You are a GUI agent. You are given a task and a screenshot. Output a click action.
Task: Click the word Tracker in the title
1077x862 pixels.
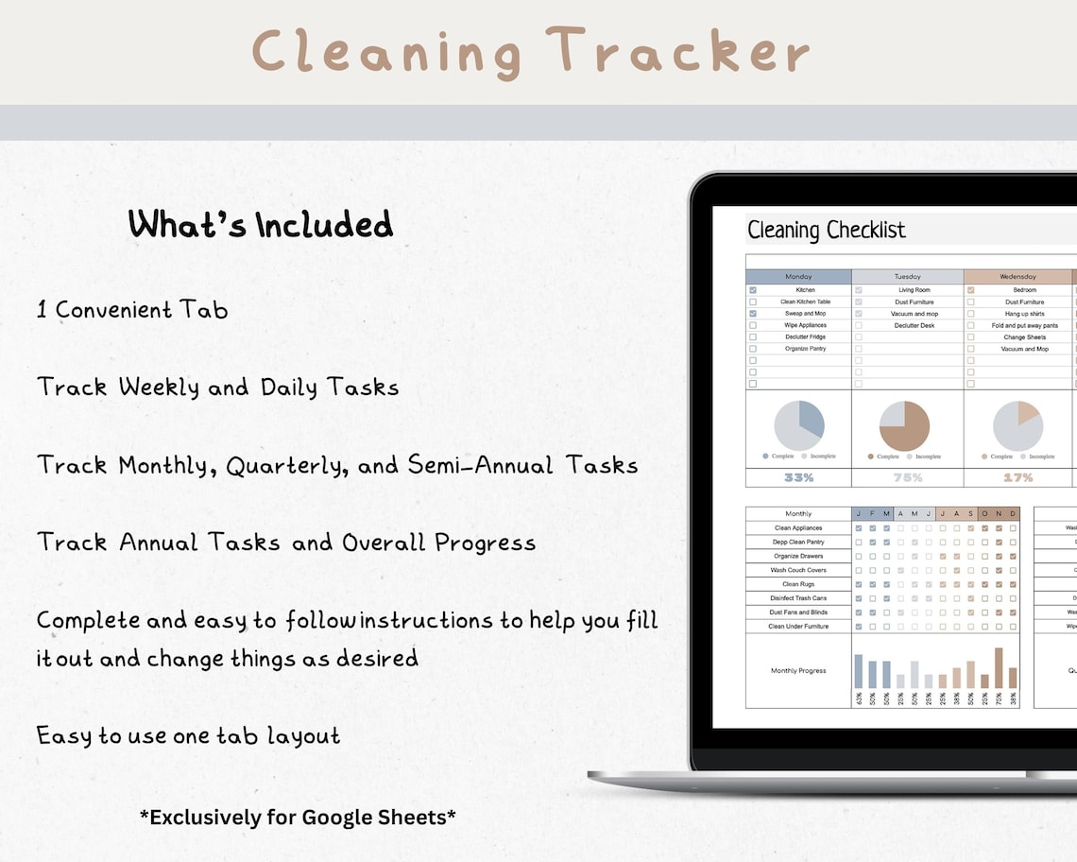tap(677, 50)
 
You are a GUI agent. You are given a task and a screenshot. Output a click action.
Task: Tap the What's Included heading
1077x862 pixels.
tap(261, 225)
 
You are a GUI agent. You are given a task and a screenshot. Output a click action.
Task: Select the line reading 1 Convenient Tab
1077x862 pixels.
tap(132, 310)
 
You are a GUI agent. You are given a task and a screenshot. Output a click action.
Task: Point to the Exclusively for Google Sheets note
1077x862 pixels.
tap(298, 817)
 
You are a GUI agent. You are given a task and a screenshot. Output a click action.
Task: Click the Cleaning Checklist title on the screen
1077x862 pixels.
tap(826, 230)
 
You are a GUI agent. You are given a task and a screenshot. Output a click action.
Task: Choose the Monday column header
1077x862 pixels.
tap(798, 277)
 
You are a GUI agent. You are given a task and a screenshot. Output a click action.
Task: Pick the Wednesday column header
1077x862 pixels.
tap(1017, 277)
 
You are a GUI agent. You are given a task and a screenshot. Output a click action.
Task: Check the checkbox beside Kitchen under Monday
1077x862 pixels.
tap(753, 290)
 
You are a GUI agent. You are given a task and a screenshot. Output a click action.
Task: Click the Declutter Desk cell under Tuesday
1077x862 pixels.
tap(914, 325)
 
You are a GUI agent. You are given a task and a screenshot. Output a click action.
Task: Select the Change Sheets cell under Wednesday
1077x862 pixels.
tap(1024, 337)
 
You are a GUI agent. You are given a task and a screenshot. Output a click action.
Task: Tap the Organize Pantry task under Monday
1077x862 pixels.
tap(804, 349)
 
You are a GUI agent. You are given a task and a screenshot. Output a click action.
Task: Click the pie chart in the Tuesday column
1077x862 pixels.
tap(904, 425)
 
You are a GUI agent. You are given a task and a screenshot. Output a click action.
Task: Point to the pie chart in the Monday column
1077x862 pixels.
tap(799, 425)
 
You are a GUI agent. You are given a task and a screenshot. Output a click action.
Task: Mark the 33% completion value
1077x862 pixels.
tap(798, 478)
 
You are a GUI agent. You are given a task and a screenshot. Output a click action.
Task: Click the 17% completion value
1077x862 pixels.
tap(1017, 478)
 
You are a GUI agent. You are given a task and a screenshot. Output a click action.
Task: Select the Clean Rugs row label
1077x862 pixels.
tap(798, 584)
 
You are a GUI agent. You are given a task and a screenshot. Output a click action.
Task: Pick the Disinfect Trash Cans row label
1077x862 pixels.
tap(798, 598)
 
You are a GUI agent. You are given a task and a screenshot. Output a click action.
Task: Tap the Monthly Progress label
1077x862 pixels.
tap(798, 671)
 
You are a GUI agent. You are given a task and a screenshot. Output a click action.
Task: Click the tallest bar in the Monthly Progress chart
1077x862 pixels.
tap(999, 667)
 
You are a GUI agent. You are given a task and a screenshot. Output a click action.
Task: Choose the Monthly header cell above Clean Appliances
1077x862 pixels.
tap(798, 514)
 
